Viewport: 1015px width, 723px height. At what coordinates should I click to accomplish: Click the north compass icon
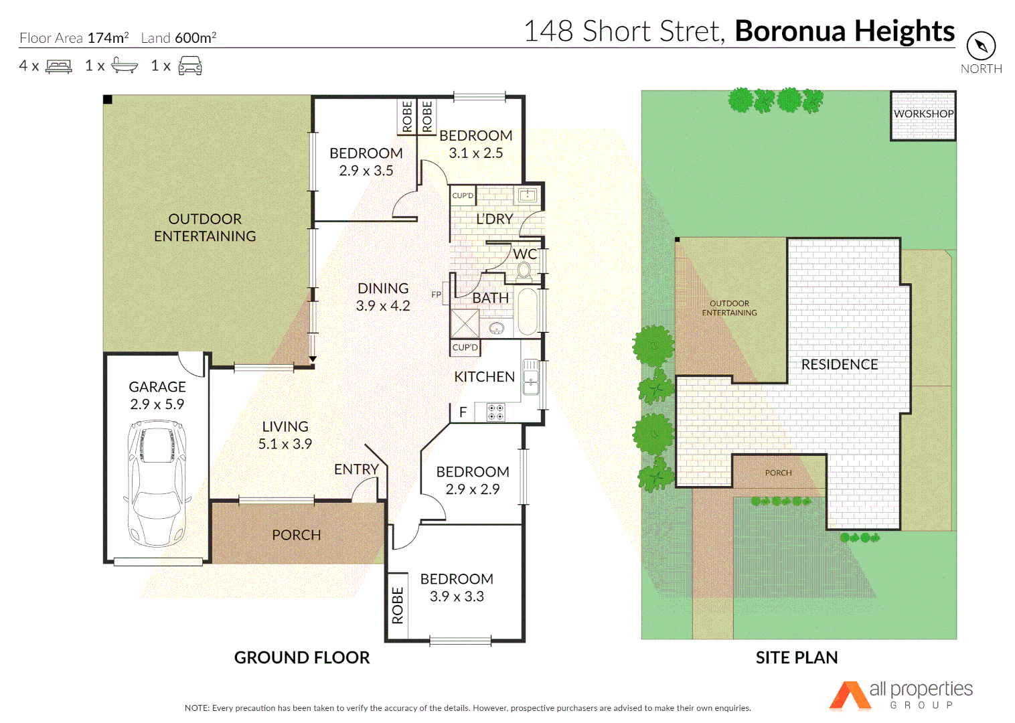coord(981,46)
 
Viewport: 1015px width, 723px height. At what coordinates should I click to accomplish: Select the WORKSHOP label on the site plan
coord(923,114)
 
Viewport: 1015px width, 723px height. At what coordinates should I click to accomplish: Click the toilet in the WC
coord(524,271)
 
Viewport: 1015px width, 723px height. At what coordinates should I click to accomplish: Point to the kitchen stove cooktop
coord(495,412)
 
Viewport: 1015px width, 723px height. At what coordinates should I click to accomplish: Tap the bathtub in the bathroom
coord(528,311)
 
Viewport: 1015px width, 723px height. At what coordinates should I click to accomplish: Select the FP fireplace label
coord(437,295)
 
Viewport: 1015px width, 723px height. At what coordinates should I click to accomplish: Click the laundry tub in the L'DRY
coord(528,195)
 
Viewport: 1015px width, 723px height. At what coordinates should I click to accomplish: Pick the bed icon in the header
coord(59,66)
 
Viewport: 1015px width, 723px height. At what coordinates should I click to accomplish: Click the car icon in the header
coord(190,66)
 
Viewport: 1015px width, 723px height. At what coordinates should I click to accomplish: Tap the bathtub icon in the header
coord(125,66)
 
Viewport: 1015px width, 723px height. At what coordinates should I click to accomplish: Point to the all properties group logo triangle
coord(850,696)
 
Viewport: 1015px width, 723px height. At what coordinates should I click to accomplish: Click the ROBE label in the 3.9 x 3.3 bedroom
coord(398,606)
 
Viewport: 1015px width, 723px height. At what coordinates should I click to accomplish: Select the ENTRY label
coord(356,469)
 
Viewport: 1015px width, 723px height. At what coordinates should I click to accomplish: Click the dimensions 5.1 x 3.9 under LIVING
coord(285,444)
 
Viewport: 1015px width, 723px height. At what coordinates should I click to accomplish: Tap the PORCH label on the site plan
coord(778,473)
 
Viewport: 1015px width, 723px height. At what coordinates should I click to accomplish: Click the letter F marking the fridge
coord(463,412)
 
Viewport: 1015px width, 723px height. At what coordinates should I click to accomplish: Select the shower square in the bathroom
coord(465,323)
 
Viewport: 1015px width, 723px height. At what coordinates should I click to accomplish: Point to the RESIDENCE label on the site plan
coord(840,364)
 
